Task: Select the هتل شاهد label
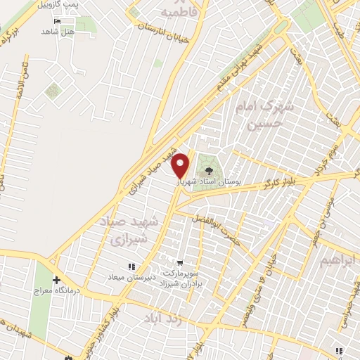pyautogui.click(x=58, y=32)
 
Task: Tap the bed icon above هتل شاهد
pyautogui.click(x=67, y=21)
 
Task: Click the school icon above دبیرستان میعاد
pyautogui.click(x=131, y=266)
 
